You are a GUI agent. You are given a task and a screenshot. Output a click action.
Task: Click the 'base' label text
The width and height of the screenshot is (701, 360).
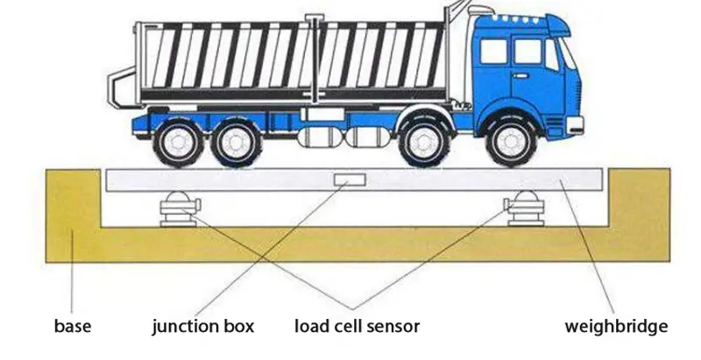click(x=73, y=328)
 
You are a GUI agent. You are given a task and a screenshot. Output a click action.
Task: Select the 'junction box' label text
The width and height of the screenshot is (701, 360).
click(x=202, y=328)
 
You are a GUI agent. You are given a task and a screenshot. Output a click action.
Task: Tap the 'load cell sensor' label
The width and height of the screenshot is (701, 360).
click(x=357, y=328)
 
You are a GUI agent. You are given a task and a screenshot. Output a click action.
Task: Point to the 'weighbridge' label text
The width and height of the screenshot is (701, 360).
click(x=616, y=328)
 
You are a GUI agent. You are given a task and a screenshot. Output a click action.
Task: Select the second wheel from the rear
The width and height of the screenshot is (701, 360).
click(x=237, y=143)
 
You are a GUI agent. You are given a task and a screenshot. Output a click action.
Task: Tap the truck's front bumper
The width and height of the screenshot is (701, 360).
click(x=574, y=124)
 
